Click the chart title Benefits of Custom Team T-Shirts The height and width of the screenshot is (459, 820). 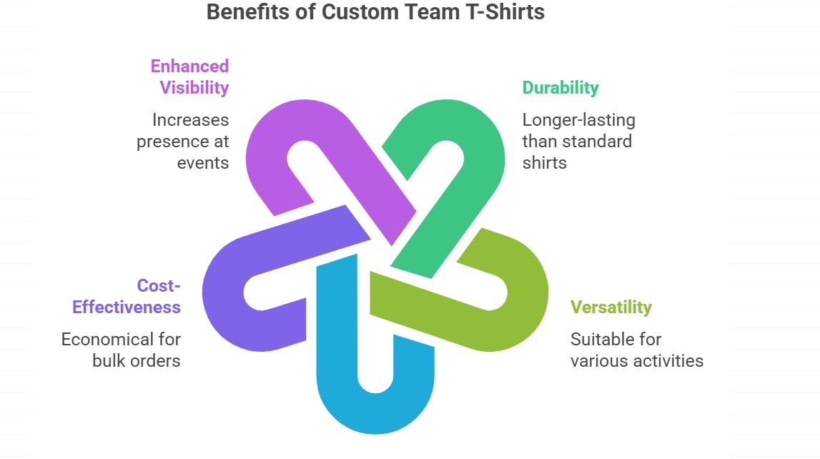pos(375,12)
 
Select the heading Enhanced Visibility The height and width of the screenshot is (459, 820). pos(189,76)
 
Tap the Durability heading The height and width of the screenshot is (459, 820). pos(560,87)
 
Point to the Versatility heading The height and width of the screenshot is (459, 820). pos(611,307)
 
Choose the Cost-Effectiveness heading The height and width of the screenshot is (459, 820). pos(127,297)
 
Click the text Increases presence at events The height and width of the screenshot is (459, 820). pos(183,141)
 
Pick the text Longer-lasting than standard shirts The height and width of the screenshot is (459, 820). pos(578,141)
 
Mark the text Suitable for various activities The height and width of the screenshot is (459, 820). pos(636,350)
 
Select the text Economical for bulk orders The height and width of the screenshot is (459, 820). pos(121,350)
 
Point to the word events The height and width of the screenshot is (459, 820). pos(203,162)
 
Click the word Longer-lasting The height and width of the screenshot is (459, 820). pos(578,119)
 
